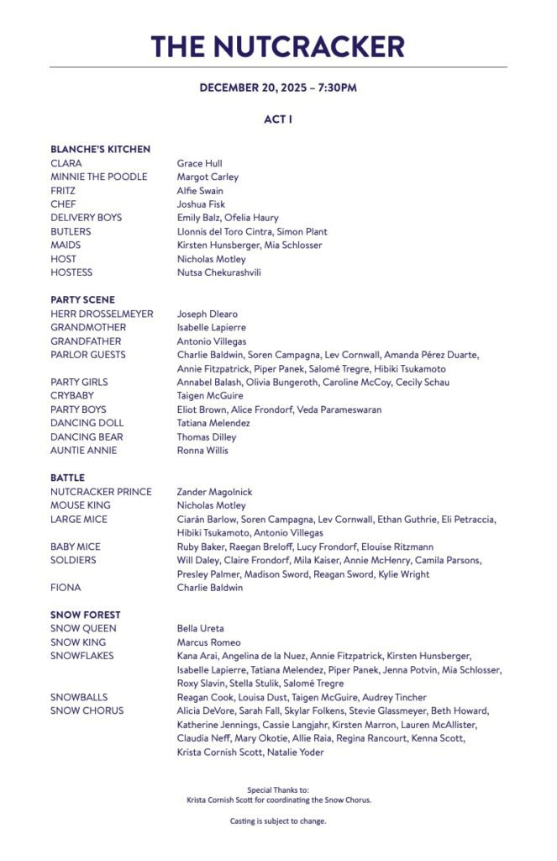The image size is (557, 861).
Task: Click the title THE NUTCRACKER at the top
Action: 278,45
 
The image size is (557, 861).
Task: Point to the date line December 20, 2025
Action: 278,87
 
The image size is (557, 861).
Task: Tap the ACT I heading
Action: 278,119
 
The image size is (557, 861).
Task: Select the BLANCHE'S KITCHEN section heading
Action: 100,149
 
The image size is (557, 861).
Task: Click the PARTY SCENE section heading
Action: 82,299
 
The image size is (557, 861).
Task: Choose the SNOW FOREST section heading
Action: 85,615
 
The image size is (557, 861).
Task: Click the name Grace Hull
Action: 199,163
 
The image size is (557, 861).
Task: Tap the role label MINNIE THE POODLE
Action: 98,177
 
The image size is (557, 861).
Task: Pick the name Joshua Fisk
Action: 201,204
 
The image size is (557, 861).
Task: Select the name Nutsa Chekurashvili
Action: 218,272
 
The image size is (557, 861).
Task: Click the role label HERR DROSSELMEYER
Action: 102,314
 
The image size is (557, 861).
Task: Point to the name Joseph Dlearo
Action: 207,314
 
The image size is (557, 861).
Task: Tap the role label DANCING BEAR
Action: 87,436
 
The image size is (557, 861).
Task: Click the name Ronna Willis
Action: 202,451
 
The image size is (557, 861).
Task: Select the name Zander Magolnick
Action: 214,492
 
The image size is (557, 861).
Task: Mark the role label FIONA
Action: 66,588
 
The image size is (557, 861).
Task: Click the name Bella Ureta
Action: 200,628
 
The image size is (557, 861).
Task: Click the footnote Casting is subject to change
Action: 278,821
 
